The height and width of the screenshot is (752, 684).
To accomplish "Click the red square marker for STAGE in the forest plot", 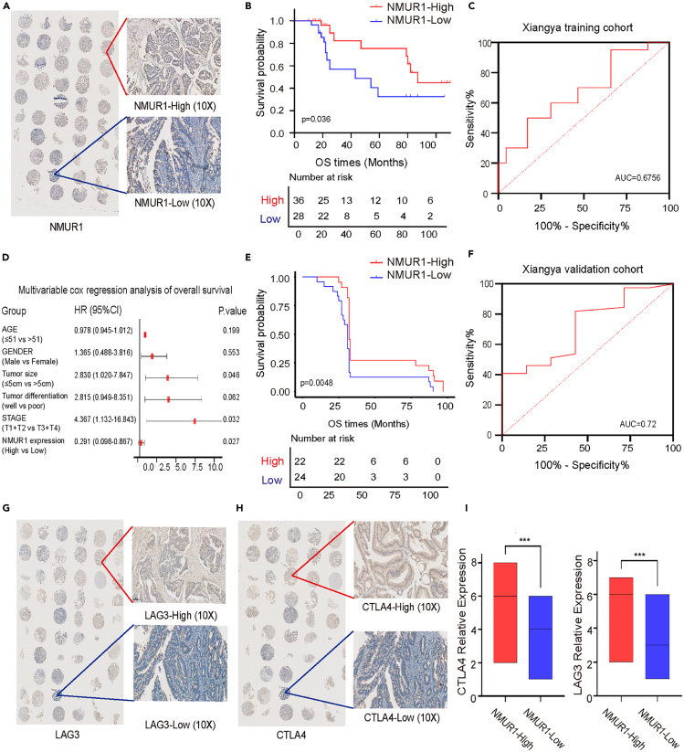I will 195,420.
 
